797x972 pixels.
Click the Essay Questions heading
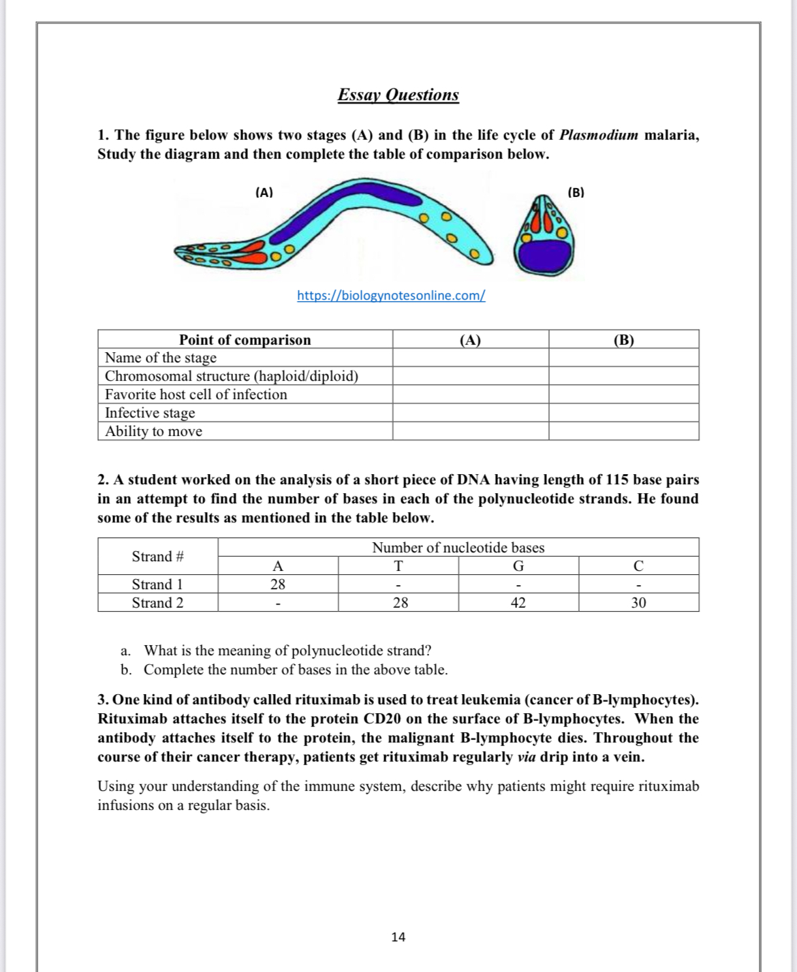pos(398,95)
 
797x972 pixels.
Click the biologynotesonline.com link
pos(391,296)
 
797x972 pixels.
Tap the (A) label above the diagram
pos(264,192)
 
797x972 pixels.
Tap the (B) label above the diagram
pos(576,192)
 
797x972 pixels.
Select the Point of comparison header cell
pos(245,339)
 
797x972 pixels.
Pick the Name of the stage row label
pos(161,358)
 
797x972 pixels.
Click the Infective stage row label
pos(150,413)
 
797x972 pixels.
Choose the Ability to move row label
pos(153,431)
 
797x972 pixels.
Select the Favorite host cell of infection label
pos(196,394)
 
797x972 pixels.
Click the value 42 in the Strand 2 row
pos(518,603)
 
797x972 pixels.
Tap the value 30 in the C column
pos(638,603)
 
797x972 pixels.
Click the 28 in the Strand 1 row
pos(278,584)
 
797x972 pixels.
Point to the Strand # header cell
pos(157,556)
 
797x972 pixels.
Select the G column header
pos(518,566)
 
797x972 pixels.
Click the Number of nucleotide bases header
pos(458,548)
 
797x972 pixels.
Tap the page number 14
pos(398,937)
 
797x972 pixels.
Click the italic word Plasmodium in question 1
pos(598,135)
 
